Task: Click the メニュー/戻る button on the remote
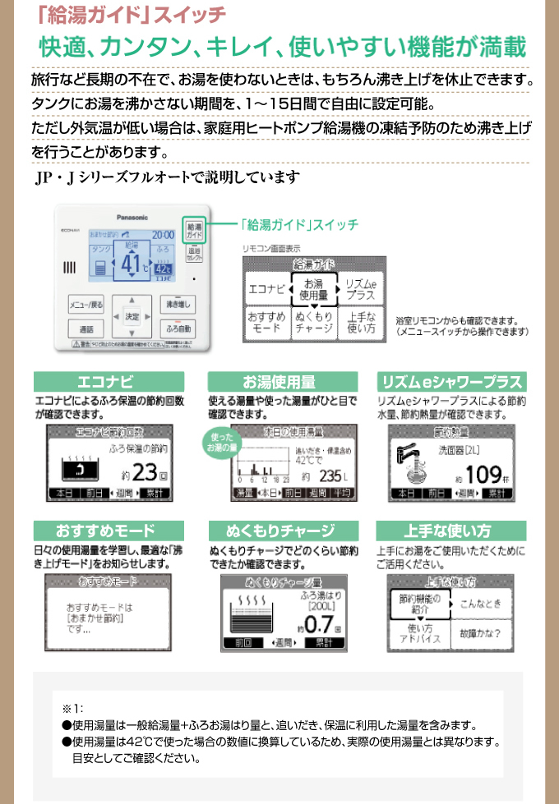86,305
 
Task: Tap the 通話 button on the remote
86,328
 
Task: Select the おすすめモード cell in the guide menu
266,321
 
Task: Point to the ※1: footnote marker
72,707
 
